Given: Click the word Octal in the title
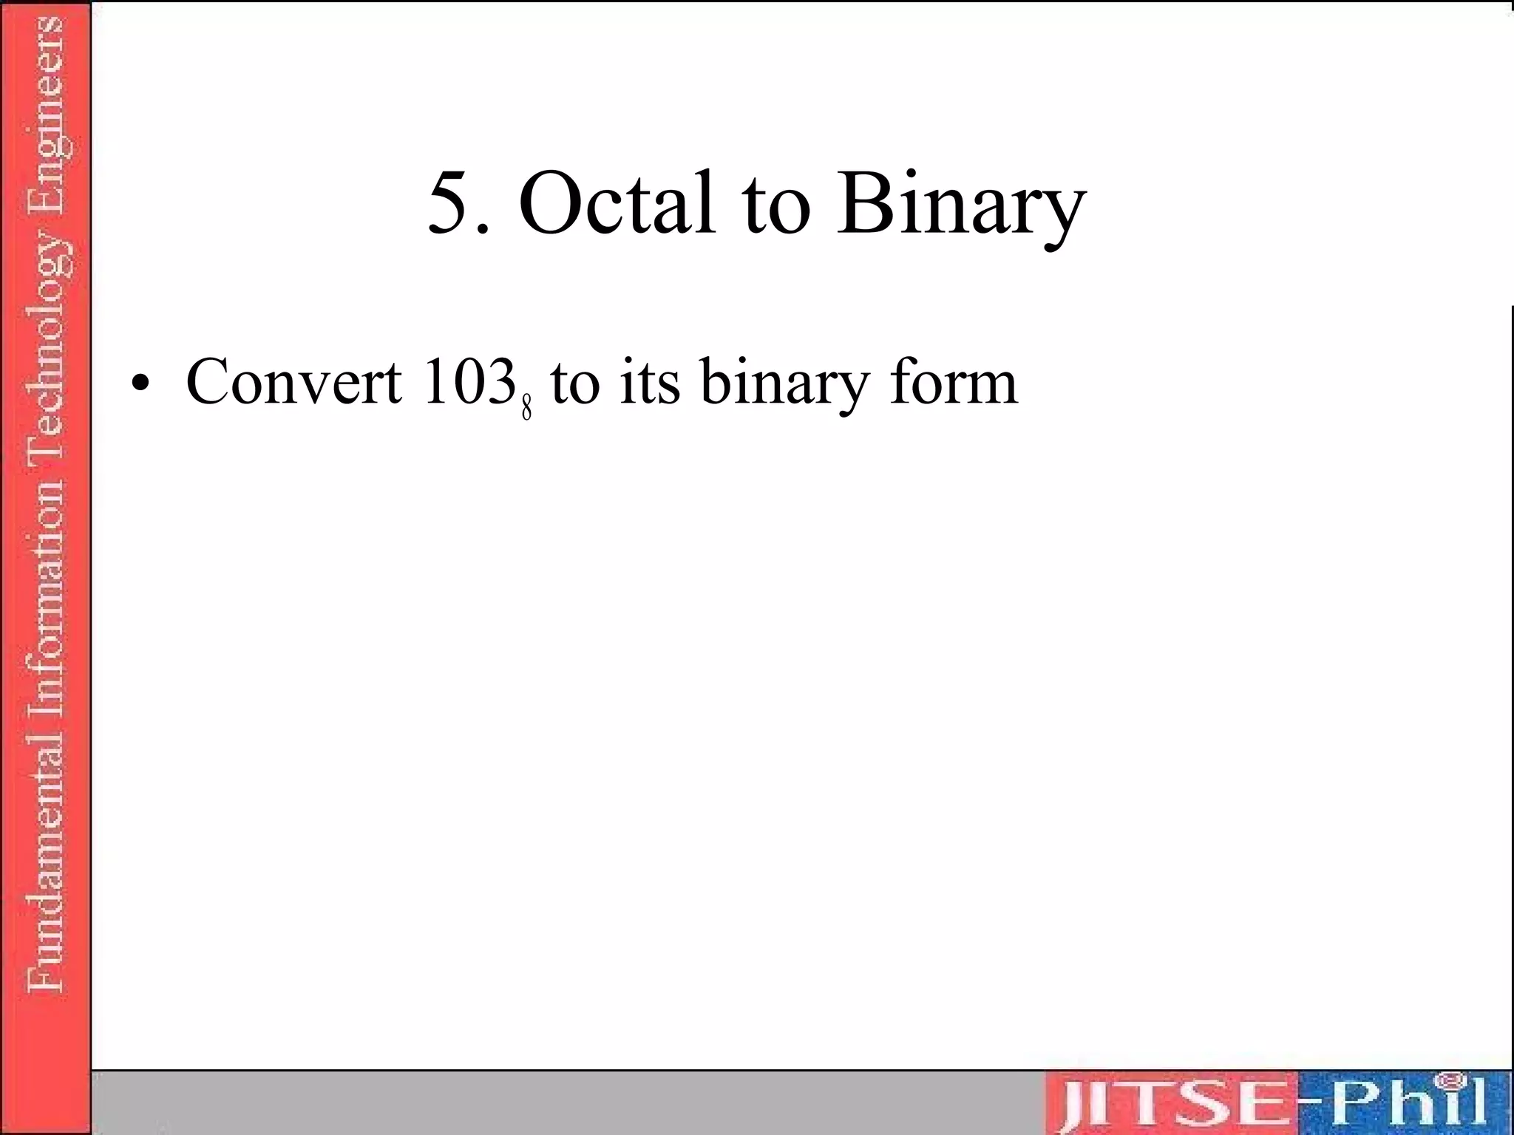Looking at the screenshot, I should (x=617, y=203).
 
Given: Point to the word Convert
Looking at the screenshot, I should (x=293, y=382).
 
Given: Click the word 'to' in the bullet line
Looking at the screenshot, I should (x=574, y=384).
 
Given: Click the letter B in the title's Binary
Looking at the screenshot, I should (x=863, y=202).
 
